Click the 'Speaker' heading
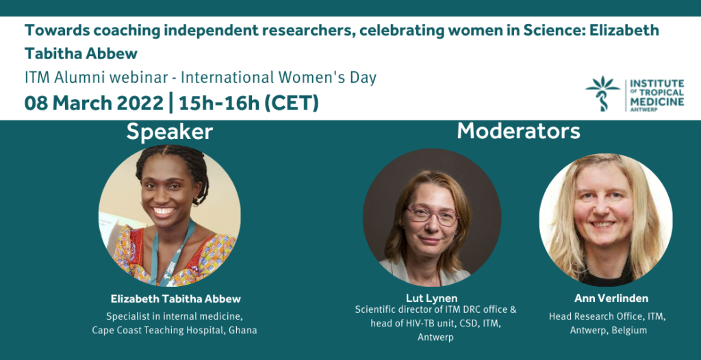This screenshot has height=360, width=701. click(x=170, y=132)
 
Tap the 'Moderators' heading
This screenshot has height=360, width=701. click(x=519, y=131)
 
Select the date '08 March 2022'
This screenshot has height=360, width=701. click(x=94, y=103)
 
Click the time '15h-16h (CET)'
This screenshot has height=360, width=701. click(x=249, y=103)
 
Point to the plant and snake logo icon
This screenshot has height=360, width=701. click(x=602, y=94)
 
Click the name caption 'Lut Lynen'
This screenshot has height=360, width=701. click(x=431, y=298)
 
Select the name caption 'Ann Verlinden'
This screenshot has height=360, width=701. click(x=611, y=298)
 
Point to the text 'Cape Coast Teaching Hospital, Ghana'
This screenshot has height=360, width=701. click(x=175, y=331)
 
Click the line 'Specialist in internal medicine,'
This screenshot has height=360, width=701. click(x=175, y=317)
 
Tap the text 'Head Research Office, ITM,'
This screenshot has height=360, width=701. click(x=608, y=317)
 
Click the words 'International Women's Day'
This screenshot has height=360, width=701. click(x=279, y=78)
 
